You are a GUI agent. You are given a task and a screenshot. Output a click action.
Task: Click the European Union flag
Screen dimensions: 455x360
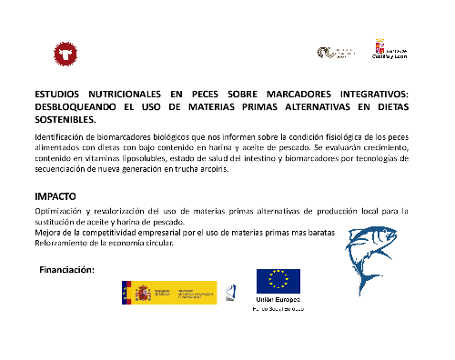coord(278,281)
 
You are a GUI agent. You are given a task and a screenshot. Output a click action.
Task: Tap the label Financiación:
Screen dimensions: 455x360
coord(68,270)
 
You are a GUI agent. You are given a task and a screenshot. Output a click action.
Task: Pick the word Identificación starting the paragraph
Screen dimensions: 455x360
coord(61,135)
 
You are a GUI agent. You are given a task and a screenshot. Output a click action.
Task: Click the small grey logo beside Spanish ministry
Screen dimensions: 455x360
coord(230,292)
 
